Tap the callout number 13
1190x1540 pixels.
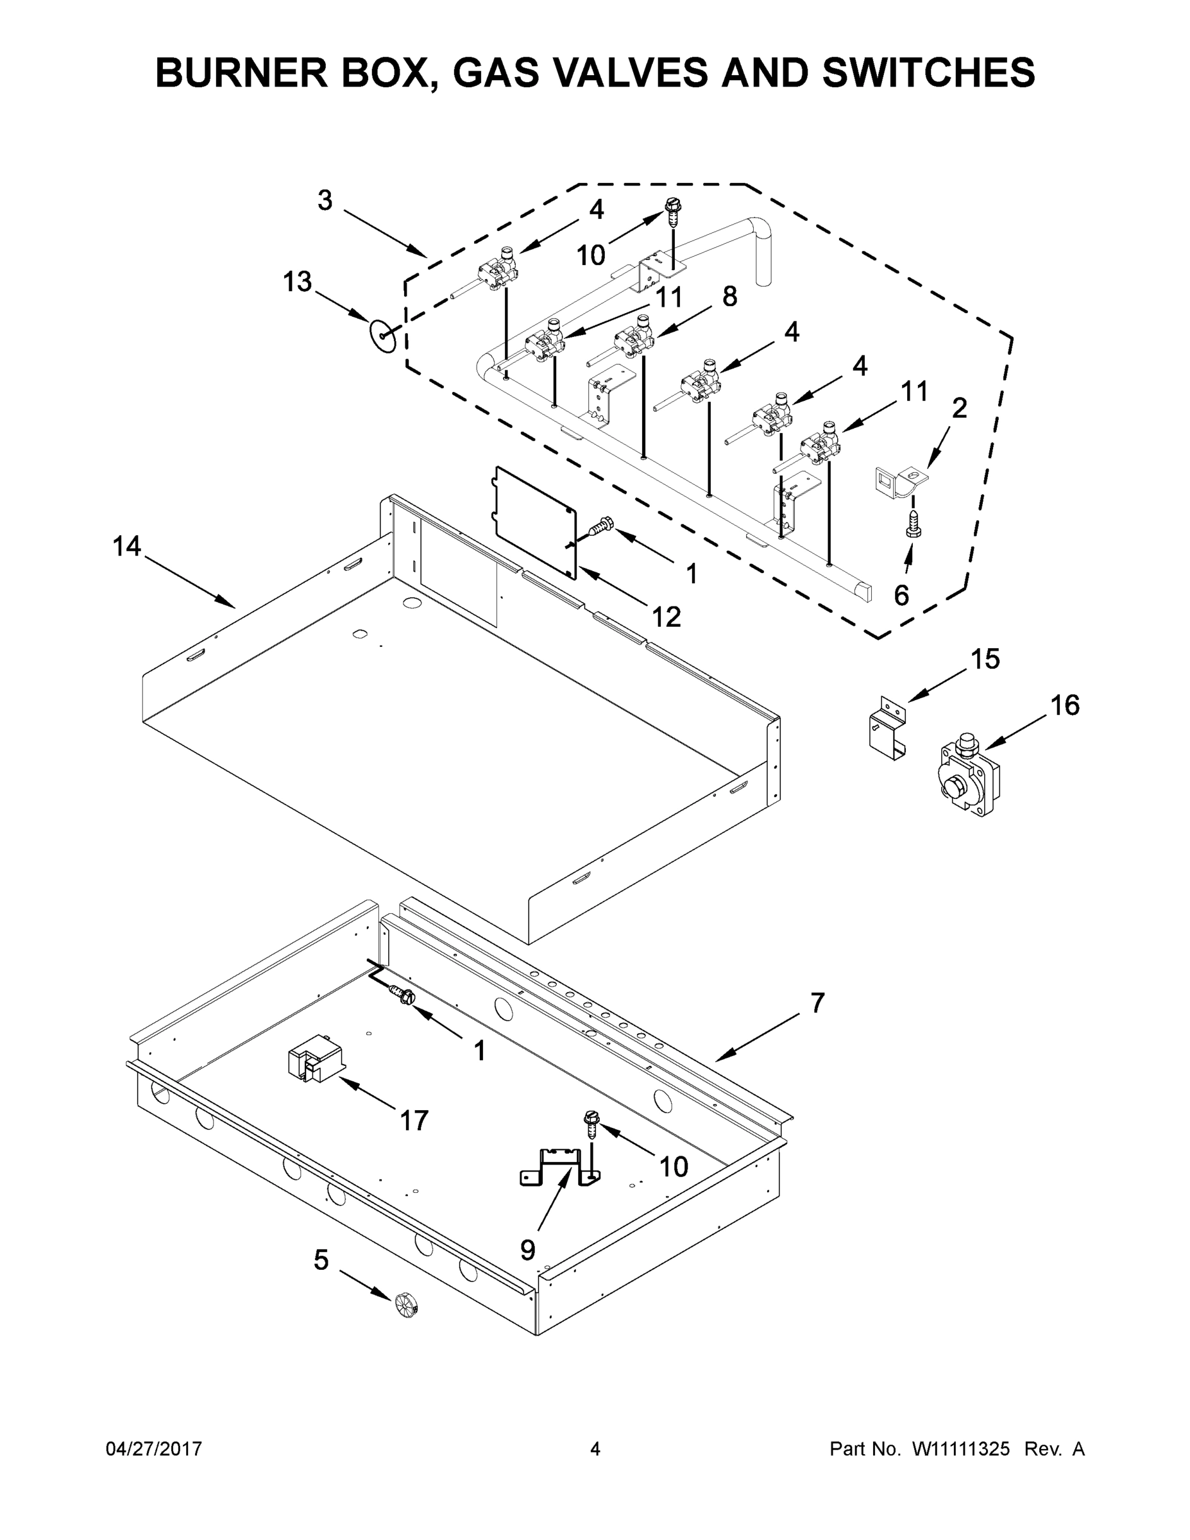(297, 282)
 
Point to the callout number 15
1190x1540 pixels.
(985, 659)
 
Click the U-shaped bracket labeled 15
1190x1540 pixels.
(887, 728)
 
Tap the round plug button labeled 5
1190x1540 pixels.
(407, 1304)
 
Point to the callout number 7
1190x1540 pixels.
(817, 1003)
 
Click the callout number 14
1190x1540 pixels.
(127, 546)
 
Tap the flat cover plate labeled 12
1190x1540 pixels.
(534, 522)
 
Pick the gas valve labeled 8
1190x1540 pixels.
(633, 338)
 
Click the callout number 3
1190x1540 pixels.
(325, 200)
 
